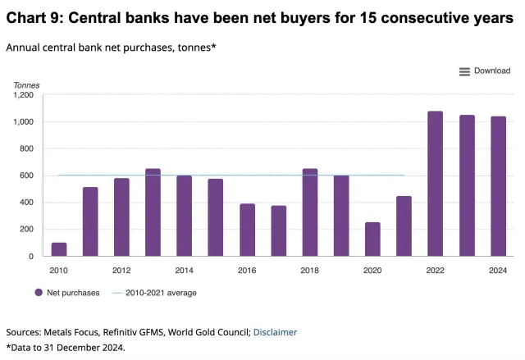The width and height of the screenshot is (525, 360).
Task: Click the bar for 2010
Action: (59, 249)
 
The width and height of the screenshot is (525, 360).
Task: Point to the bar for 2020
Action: (372, 239)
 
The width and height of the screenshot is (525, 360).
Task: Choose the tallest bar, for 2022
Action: (435, 184)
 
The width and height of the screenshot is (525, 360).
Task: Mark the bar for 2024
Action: (498, 186)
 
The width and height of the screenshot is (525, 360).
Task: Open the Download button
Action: (485, 71)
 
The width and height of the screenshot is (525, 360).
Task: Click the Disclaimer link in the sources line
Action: (275, 332)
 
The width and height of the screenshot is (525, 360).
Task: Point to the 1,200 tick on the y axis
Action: (23, 95)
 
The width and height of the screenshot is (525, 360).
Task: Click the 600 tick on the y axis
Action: (26, 175)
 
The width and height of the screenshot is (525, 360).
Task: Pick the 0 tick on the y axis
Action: (31, 256)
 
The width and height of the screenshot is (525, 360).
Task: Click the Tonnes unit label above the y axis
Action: (26, 84)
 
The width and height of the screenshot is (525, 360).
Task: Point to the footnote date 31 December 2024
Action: (91, 347)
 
